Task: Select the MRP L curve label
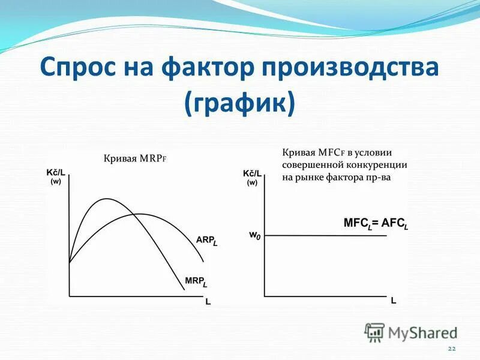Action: pyautogui.click(x=196, y=281)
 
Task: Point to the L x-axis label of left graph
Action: pyautogui.click(x=208, y=302)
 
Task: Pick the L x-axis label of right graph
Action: pyautogui.click(x=394, y=301)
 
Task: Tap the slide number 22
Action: pyautogui.click(x=452, y=349)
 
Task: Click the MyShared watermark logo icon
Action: pyautogui.click(x=374, y=332)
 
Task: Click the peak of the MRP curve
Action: pyautogui.click(x=107, y=199)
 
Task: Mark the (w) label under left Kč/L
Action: pyautogui.click(x=56, y=182)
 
